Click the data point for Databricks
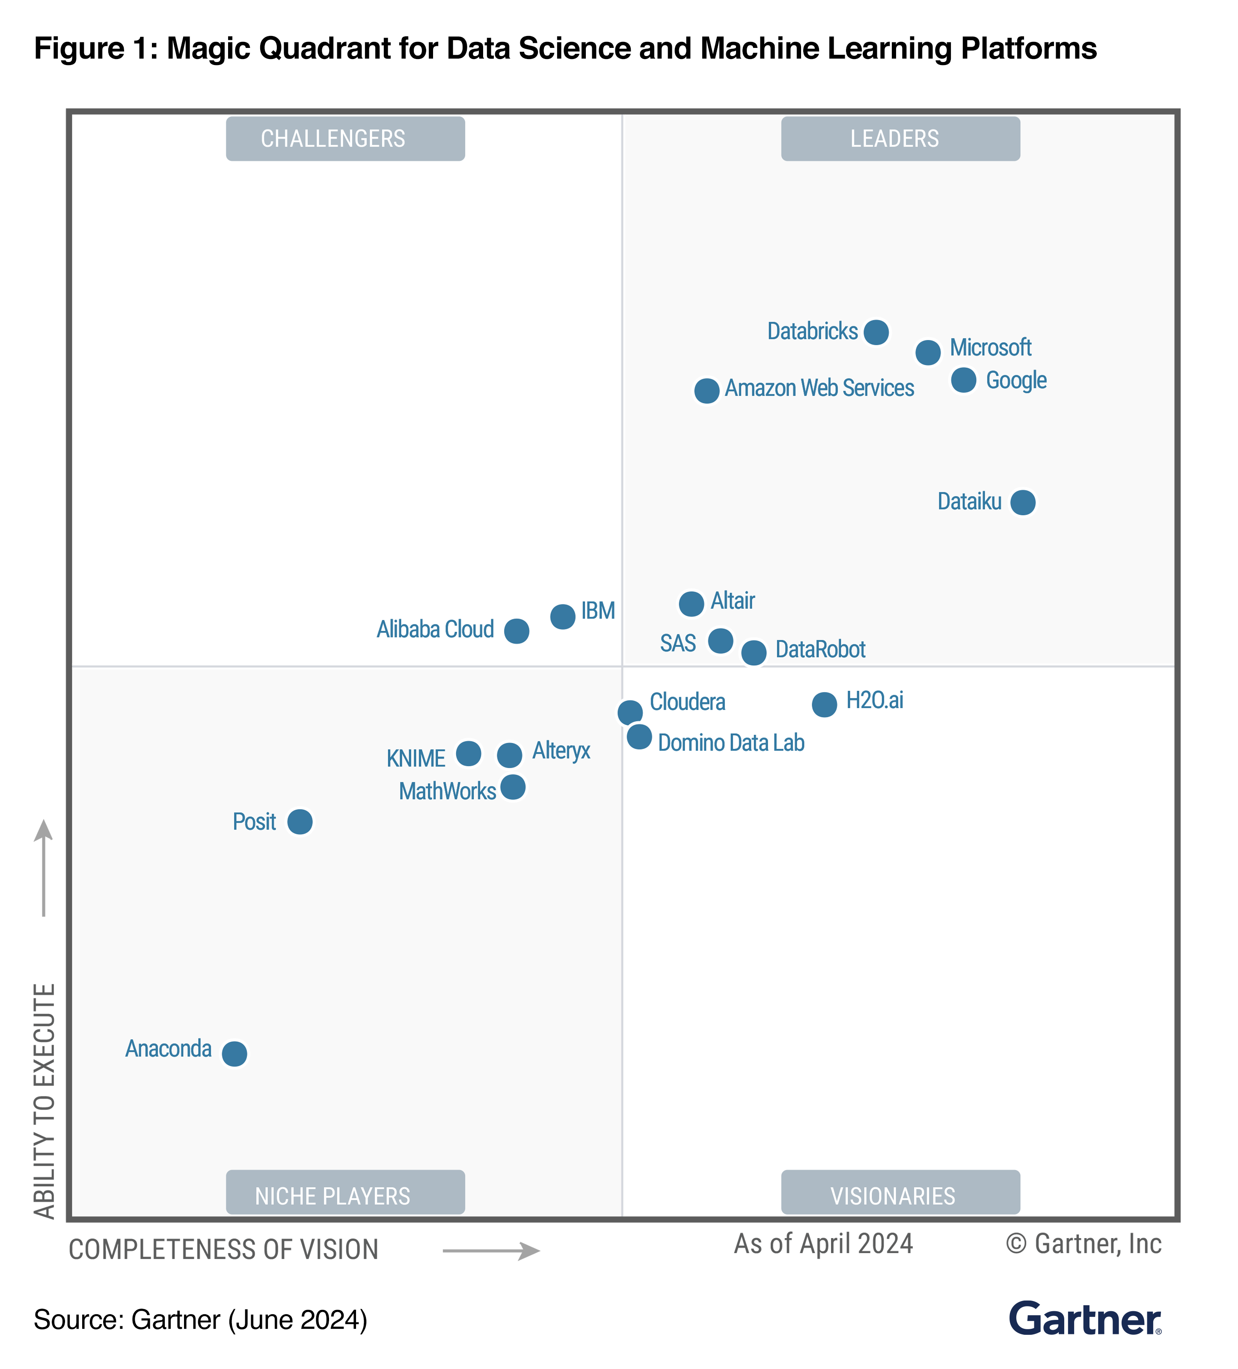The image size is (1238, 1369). coord(876,332)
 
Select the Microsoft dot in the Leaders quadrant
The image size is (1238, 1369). coord(928,353)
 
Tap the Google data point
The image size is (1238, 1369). coord(963,379)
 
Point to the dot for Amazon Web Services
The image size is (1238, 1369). coord(706,391)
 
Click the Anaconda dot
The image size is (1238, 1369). coord(234,1053)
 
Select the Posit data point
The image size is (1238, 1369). coord(300,822)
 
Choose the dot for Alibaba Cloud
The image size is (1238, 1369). coord(516,631)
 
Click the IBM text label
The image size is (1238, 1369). coord(598,610)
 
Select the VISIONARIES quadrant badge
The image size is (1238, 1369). coord(900,1195)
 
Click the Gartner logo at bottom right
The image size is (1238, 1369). coord(1084,1319)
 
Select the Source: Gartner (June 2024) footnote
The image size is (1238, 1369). coord(200,1319)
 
